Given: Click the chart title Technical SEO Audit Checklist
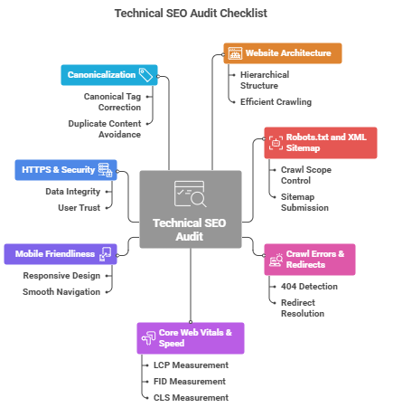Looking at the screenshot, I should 196,14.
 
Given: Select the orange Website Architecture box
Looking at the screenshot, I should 283,53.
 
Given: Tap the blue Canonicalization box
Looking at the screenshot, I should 109,74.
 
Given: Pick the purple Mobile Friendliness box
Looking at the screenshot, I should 61,254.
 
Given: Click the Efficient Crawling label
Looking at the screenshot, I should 276,102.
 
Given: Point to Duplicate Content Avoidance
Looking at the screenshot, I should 104,128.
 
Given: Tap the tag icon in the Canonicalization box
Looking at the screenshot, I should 145,74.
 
